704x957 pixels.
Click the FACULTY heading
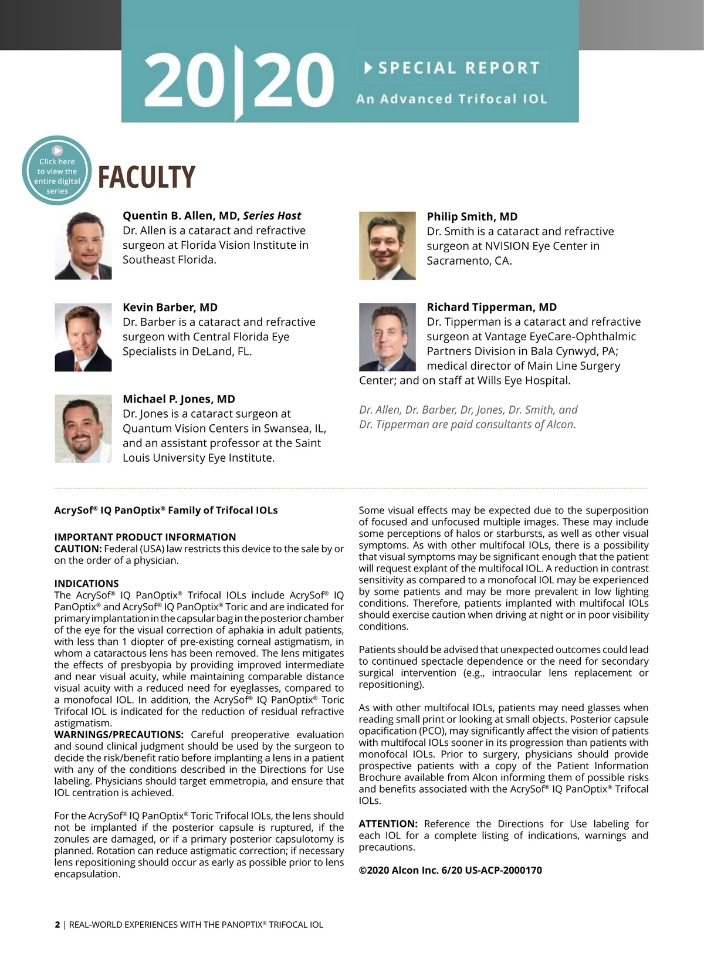(x=146, y=177)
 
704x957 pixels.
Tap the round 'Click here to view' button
(x=57, y=171)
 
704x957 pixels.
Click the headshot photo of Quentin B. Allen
(x=83, y=245)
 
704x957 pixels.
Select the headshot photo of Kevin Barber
(x=83, y=337)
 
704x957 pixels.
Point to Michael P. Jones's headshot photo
(x=83, y=428)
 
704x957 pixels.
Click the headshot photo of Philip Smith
(x=387, y=245)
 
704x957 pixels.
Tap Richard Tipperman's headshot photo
(x=387, y=337)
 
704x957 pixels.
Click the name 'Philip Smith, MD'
(x=472, y=217)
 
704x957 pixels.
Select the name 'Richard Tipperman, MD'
(x=492, y=307)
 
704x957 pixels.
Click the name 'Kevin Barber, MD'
(x=170, y=307)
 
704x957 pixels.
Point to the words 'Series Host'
(x=272, y=216)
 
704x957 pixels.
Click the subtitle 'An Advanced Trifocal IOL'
(x=452, y=99)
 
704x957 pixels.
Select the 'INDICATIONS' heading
(x=86, y=583)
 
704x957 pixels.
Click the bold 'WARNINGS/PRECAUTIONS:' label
(x=119, y=735)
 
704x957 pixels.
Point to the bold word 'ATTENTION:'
(x=388, y=824)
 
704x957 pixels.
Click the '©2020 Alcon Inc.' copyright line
(x=450, y=870)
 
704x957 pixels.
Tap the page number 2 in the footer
(x=57, y=925)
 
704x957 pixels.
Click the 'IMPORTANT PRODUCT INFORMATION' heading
(x=145, y=537)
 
